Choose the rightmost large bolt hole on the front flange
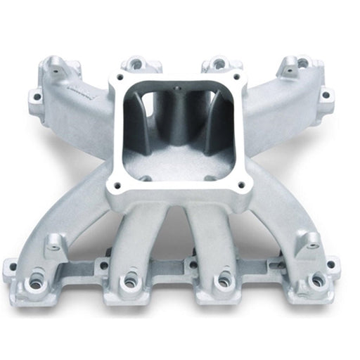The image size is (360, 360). (x=316, y=281)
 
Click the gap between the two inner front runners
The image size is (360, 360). (x=176, y=236)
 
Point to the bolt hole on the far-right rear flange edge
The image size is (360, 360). (x=325, y=95)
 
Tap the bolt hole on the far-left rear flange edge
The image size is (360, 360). (x=34, y=96)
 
